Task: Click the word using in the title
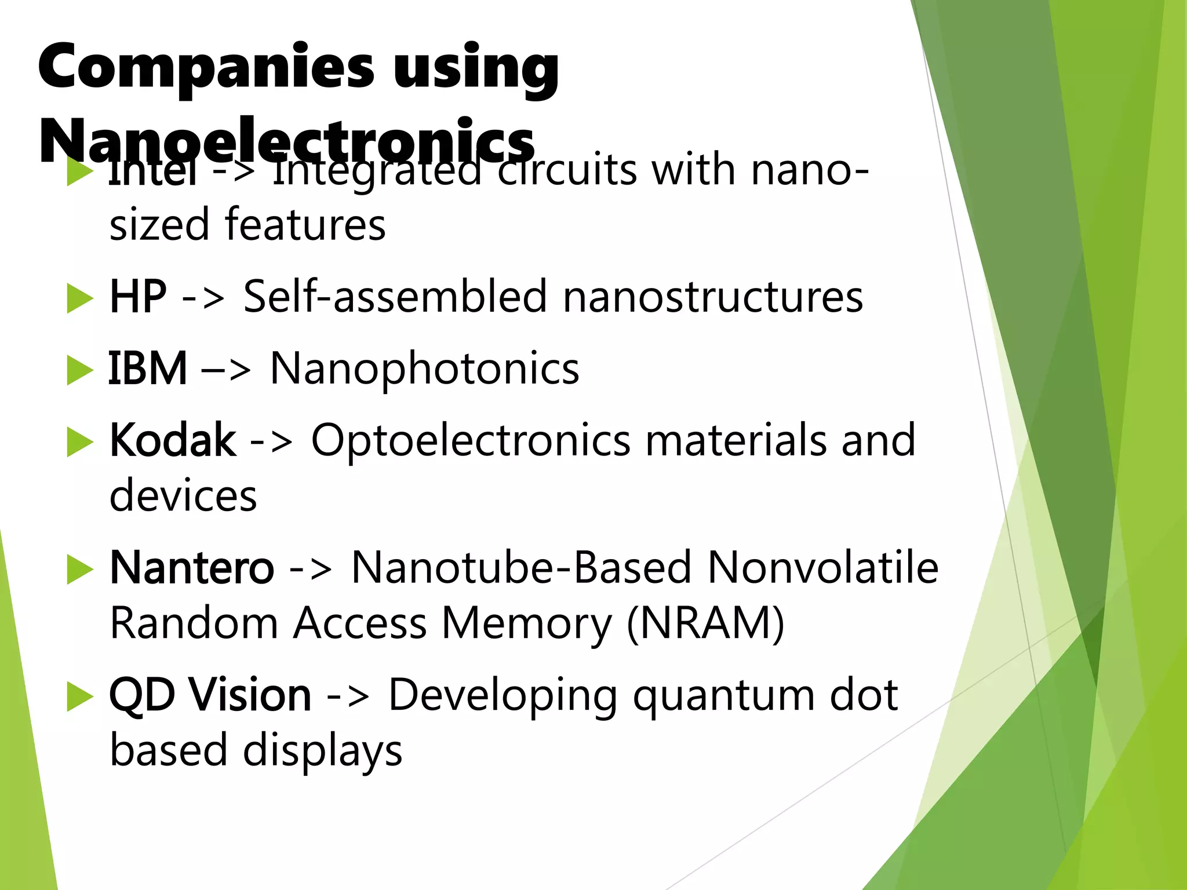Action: pos(476,70)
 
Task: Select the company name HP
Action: pos(138,297)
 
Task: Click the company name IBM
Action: pos(148,369)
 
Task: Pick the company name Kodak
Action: pos(173,440)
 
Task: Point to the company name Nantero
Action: pos(191,568)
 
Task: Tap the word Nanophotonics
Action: pos(424,369)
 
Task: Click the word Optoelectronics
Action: pos(470,440)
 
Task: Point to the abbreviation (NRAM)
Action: pos(705,623)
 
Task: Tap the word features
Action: pos(305,224)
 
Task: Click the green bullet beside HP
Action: pos(79,298)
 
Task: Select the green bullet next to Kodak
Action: pos(79,442)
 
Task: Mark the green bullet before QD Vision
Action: pos(79,696)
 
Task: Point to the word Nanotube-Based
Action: pos(521,568)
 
